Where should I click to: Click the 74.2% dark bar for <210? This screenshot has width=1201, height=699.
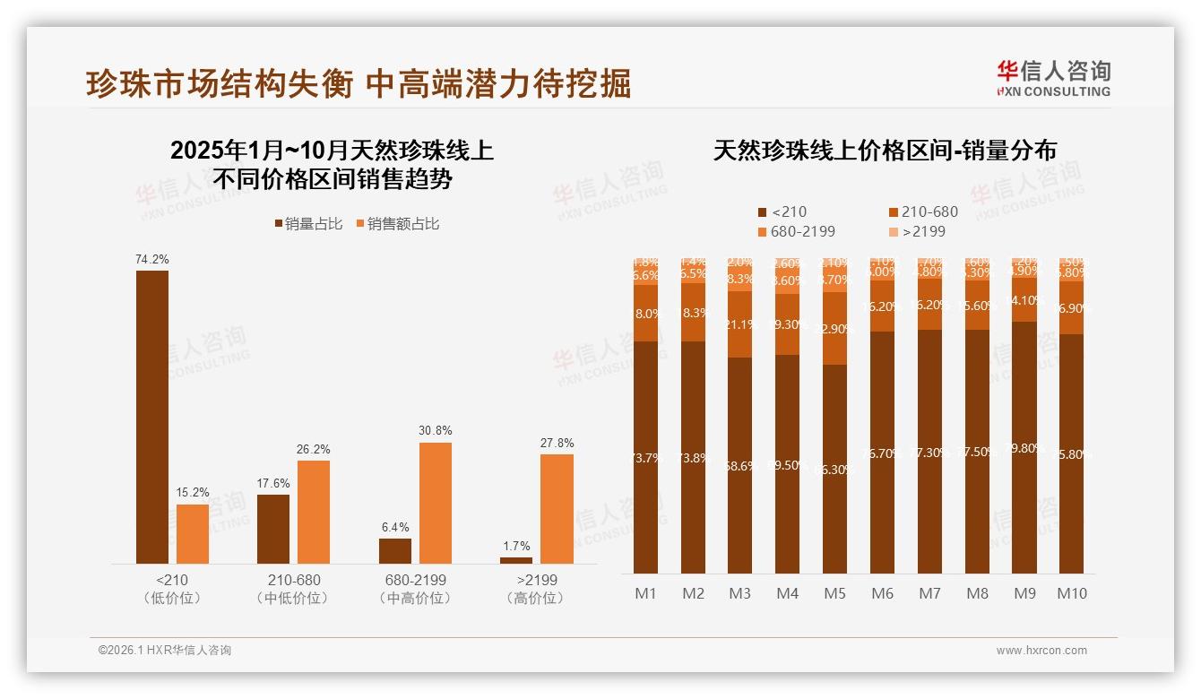(152, 417)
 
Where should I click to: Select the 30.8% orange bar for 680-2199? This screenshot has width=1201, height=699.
(436, 503)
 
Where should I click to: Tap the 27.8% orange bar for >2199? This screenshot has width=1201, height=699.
(557, 509)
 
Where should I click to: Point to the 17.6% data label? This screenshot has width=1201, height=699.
(273, 484)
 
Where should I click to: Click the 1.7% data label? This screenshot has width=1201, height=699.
(516, 546)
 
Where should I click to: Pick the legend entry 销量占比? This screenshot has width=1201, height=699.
(308, 224)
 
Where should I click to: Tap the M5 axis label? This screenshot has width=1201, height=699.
(834, 593)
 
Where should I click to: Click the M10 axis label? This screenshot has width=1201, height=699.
(1072, 593)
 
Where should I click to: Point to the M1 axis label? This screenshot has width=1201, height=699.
(645, 593)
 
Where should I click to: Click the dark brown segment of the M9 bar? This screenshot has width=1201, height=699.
(1024, 448)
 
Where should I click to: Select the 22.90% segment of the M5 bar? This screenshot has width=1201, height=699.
(834, 329)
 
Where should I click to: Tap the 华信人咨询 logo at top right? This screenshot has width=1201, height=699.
(1053, 77)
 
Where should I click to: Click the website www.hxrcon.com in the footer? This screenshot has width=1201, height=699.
(1041, 651)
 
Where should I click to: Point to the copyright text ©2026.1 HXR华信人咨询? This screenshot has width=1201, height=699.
(164, 651)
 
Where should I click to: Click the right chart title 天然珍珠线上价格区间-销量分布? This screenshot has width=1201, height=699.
(884, 151)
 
